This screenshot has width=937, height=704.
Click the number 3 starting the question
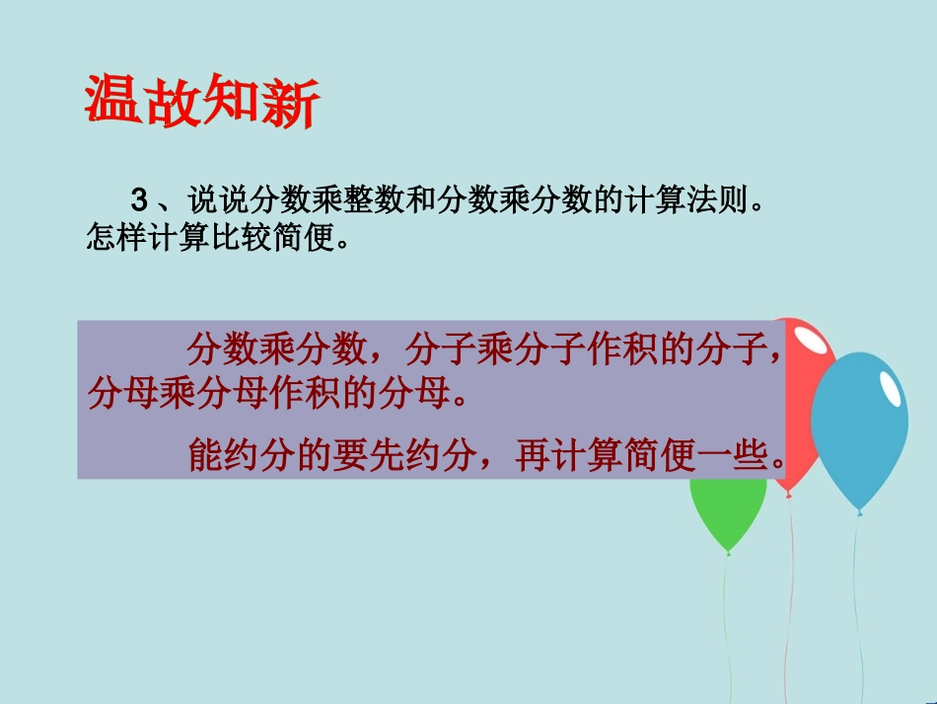click(x=139, y=202)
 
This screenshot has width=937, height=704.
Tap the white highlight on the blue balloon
click(x=890, y=388)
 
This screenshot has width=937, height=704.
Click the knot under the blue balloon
click(x=860, y=512)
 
